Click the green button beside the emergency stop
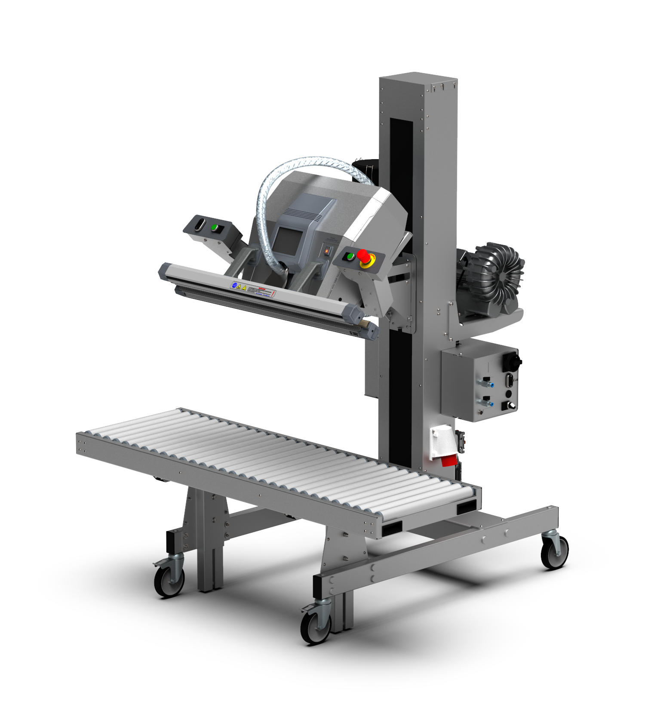(350, 257)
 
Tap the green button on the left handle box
(214, 227)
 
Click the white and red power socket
(443, 447)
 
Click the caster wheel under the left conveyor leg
(169, 581)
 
